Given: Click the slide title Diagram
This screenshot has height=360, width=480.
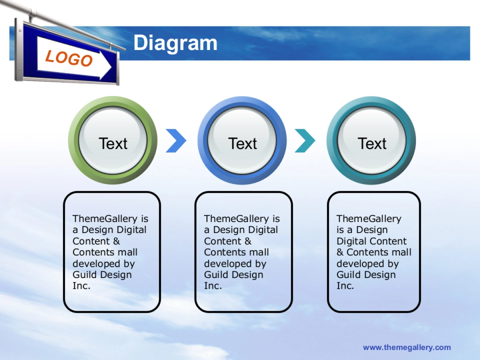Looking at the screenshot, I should [x=175, y=43].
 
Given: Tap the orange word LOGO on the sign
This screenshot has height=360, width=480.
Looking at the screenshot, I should [x=69, y=58].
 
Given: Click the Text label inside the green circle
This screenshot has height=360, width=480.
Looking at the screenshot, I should [x=113, y=144].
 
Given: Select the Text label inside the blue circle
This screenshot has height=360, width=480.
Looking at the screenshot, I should [x=242, y=144].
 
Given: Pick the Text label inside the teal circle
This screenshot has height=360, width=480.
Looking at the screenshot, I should [x=372, y=144].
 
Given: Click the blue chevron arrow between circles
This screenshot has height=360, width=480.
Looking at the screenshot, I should [x=176, y=141].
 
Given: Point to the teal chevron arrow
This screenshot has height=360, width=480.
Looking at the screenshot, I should [x=305, y=141].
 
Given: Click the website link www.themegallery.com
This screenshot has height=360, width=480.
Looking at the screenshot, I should [x=407, y=348].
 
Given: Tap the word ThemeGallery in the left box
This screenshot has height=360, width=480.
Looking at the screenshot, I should [x=105, y=219].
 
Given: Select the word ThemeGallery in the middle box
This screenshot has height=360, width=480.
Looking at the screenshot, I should [x=236, y=219].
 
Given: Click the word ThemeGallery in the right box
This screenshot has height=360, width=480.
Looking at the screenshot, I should [x=368, y=219].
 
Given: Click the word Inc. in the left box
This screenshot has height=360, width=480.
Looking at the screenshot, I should [x=82, y=286].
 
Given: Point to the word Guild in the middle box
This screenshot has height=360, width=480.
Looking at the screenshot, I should [x=216, y=275].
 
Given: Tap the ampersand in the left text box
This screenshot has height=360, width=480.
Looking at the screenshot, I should [x=116, y=241].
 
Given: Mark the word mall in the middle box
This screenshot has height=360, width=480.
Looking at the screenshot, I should [x=259, y=252].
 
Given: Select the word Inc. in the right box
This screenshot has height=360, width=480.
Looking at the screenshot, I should [x=345, y=286].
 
